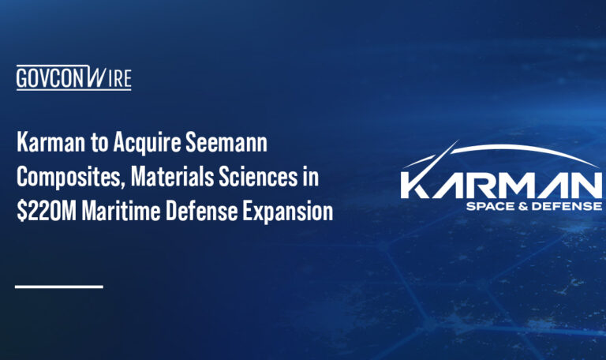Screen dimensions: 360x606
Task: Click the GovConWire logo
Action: coord(73,78)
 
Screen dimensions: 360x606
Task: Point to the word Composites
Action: coord(61,178)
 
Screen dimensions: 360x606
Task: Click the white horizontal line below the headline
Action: coord(59,286)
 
